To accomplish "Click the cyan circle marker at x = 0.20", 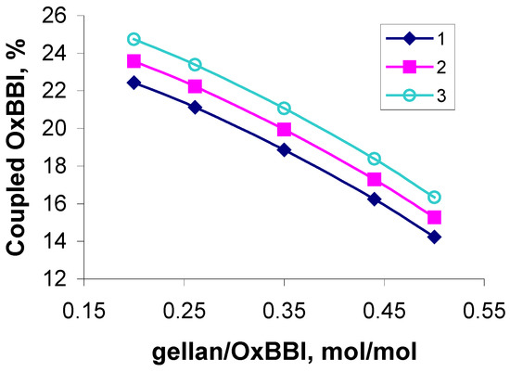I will pyautogui.click(x=134, y=40).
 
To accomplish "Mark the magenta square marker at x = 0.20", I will pyautogui.click(x=134, y=61).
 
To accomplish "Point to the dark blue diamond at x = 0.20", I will pyautogui.click(x=134, y=83).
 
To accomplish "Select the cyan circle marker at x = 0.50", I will pyautogui.click(x=434, y=197).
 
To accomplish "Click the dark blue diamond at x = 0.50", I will pyautogui.click(x=434, y=237).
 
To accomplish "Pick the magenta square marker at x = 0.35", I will pyautogui.click(x=284, y=129).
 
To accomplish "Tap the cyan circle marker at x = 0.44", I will pyautogui.click(x=375, y=159).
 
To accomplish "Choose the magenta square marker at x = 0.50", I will pyautogui.click(x=434, y=217).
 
